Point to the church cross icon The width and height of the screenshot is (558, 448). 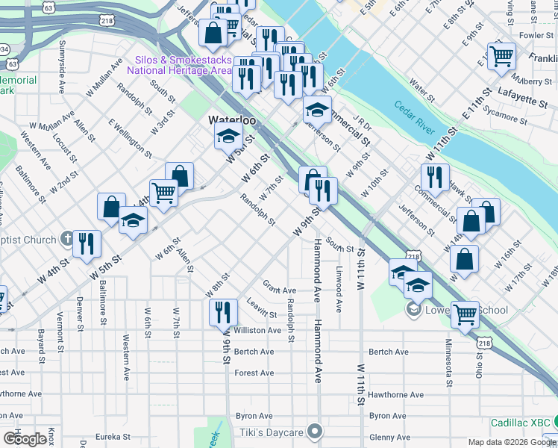68,240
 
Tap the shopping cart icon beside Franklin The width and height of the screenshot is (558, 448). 502,56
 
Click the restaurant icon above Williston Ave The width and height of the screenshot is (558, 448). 223,311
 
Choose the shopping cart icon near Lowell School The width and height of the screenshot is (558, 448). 465,314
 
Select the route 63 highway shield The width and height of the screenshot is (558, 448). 48,7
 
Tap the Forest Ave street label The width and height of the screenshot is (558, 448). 254,373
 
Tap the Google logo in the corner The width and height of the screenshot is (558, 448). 25,439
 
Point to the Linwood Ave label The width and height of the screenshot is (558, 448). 339,279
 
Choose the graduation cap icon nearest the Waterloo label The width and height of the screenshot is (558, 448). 228,136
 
